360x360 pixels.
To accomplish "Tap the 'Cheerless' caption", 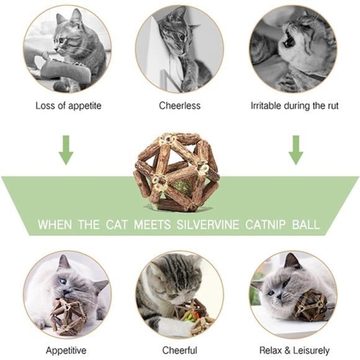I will [179, 106].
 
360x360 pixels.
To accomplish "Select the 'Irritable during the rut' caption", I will [294, 106].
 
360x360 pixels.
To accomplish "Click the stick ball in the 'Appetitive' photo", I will [68, 313].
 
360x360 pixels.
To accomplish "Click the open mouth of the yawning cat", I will [287, 40].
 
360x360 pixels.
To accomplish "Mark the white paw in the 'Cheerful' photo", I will [168, 325].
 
